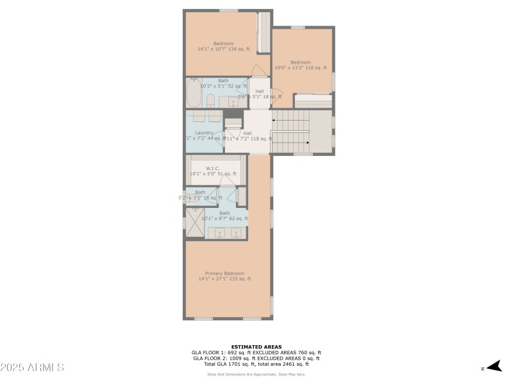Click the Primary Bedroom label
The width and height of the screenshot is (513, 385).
coord(224,273)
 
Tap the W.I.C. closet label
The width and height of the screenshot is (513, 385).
coord(213,168)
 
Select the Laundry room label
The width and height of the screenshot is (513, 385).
coord(204,133)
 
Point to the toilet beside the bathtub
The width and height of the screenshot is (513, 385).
coord(210,99)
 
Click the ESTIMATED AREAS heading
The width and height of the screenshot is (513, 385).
coord(256,346)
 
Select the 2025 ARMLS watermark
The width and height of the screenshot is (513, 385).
coord(32,368)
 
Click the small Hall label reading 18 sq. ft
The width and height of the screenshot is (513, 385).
coord(260,91)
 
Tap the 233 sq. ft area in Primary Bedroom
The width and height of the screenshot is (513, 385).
coord(240,278)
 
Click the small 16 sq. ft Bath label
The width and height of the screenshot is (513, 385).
coord(201,192)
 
